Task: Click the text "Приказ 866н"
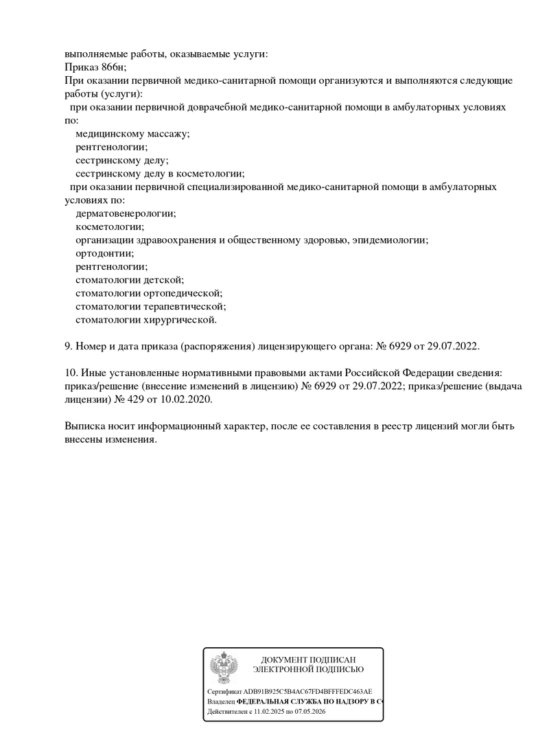click(95, 67)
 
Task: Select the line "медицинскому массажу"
click(132, 133)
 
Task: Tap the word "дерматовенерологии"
click(126, 213)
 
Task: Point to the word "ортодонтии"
click(104, 253)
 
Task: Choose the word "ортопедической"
click(183, 293)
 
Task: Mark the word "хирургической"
click(180, 320)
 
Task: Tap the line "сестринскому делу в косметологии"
click(160, 174)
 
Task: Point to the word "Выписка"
click(85, 426)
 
